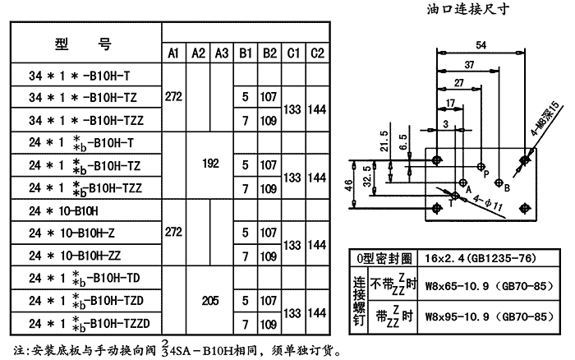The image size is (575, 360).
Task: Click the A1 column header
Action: tap(173, 53)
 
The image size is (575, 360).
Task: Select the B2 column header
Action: tap(269, 53)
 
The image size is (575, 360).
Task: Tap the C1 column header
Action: tap(292, 53)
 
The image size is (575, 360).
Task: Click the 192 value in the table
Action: tap(210, 164)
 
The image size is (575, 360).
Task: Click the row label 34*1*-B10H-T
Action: tap(80, 75)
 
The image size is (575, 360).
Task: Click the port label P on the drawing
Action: tap(486, 175)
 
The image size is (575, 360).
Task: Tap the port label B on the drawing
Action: tap(508, 188)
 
